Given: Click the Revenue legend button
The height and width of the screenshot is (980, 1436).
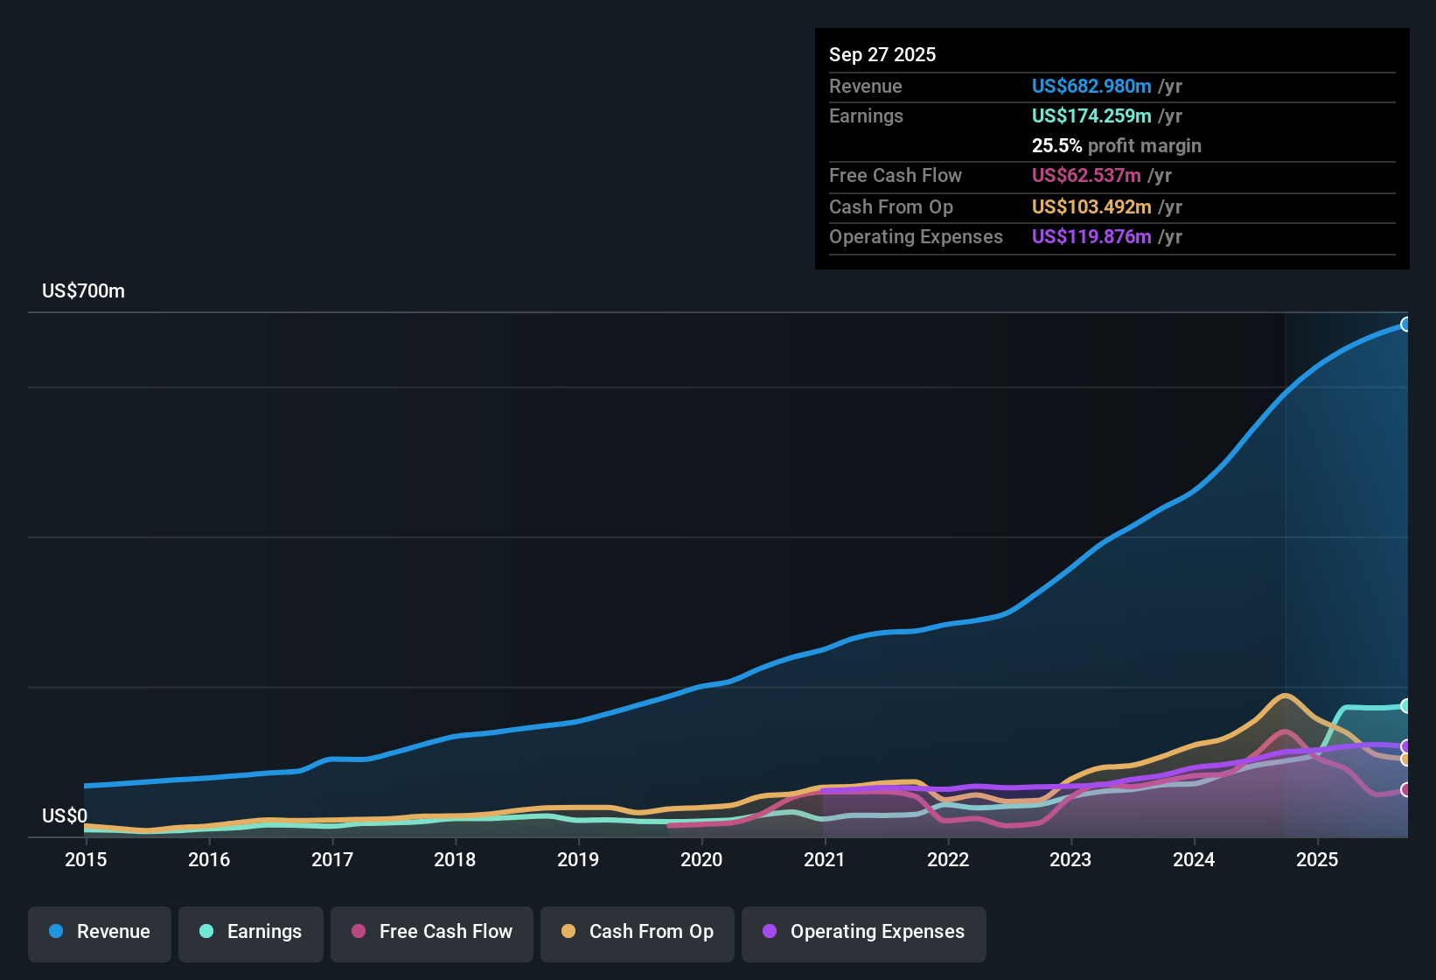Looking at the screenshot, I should [x=100, y=932].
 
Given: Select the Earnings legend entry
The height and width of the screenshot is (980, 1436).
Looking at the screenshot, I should [x=251, y=932].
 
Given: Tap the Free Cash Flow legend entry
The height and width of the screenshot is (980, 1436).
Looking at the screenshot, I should [x=432, y=932].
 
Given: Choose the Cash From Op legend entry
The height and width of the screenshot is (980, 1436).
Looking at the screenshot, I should [x=638, y=932].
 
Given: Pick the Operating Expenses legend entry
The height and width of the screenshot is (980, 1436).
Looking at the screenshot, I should [x=864, y=932].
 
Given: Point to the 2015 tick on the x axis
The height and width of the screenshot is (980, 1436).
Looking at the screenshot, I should [x=86, y=859].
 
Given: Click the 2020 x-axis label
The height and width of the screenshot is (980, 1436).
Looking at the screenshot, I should [x=701, y=859].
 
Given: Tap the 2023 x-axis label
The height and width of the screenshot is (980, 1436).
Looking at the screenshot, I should [x=1070, y=859].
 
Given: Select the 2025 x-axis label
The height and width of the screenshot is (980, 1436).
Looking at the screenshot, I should [x=1317, y=859].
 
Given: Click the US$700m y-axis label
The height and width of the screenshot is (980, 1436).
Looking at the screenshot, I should [x=83, y=291].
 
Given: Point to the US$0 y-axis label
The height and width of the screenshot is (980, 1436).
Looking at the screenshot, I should [x=65, y=816].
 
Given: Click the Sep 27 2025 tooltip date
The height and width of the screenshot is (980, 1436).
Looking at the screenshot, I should [x=882, y=55].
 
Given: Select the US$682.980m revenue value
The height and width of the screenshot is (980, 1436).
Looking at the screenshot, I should [x=1091, y=87].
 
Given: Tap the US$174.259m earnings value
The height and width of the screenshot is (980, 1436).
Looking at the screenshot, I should [x=1091, y=116].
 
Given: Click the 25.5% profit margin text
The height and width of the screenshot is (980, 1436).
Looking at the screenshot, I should [x=1116, y=146].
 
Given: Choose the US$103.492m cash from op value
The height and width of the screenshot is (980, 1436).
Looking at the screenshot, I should [x=1091, y=207].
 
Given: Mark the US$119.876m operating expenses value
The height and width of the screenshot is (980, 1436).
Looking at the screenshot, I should [x=1091, y=237].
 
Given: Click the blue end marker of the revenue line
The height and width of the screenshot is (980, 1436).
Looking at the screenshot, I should [x=1405, y=325].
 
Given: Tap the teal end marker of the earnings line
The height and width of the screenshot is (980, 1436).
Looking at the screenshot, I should [x=1405, y=706].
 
